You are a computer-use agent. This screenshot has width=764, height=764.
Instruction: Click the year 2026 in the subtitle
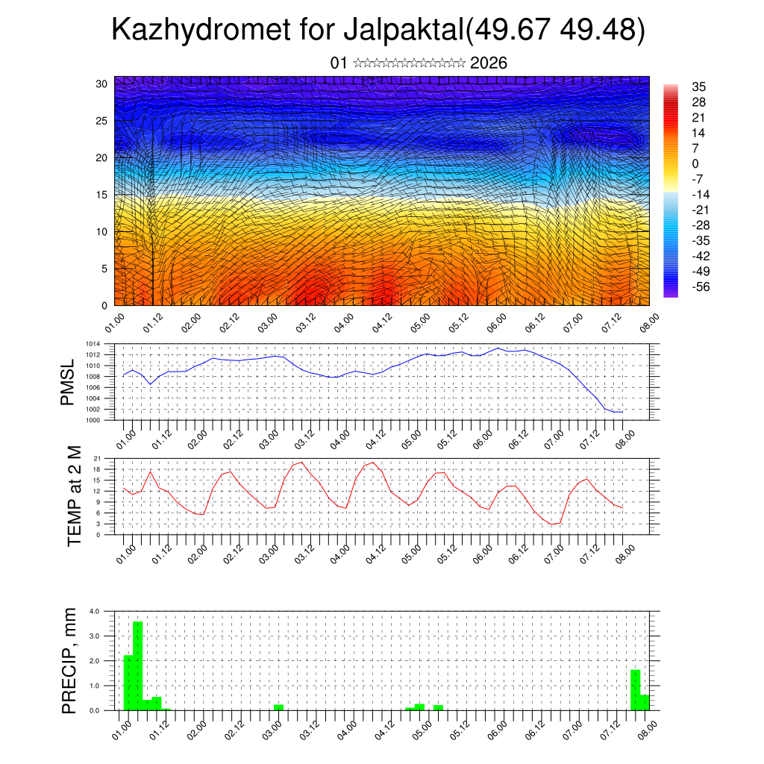coord(489,63)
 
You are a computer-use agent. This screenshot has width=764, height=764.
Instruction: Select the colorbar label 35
coord(699,87)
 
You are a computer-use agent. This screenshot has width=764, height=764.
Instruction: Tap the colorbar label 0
coord(695,163)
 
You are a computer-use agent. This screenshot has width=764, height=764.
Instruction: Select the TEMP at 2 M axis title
coord(74,495)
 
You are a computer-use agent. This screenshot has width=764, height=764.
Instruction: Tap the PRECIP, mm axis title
coord(69,660)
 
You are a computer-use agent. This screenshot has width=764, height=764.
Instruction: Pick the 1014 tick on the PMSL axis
coord(93,344)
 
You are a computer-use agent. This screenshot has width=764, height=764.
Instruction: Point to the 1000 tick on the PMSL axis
coord(93,420)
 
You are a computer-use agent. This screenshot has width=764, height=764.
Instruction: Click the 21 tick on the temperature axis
coord(97,458)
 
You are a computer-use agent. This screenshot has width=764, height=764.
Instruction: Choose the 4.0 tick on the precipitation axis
coord(95,611)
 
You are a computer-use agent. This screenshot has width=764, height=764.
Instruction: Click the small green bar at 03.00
coord(278,707)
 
